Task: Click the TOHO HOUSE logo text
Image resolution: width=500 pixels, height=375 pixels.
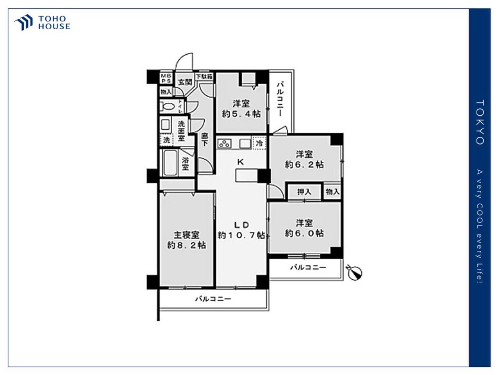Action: coord(54,23)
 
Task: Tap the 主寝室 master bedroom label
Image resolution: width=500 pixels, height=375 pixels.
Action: coord(186,235)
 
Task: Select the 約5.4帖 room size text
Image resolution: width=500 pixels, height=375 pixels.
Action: coord(241,114)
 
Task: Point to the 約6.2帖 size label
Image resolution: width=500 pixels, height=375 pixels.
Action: coord(304,164)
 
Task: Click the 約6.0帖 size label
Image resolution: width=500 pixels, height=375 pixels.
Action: coord(304,233)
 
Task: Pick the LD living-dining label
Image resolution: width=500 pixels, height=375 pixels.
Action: coord(241,225)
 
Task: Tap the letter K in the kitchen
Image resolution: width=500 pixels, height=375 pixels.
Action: coord(241,162)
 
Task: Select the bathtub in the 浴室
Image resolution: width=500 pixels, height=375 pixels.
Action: coord(170,162)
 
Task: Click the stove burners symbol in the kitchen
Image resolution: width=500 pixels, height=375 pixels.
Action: coord(224,143)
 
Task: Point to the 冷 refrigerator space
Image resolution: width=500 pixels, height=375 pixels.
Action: coord(259,143)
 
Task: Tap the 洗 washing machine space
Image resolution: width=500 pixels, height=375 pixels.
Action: coord(167,139)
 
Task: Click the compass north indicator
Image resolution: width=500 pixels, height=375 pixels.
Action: coord(355,273)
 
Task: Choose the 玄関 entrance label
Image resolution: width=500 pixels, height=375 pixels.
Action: coord(185,82)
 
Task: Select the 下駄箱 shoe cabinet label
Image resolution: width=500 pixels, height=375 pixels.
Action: coord(204,77)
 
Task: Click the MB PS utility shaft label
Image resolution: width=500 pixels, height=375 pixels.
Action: coord(166,78)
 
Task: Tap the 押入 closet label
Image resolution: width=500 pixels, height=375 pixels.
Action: coord(304,192)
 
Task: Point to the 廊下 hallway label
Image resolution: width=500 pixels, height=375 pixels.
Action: coord(205,139)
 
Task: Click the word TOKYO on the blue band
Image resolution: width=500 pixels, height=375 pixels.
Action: coord(480,122)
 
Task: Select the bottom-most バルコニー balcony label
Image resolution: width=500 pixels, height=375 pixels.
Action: coord(213,299)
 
